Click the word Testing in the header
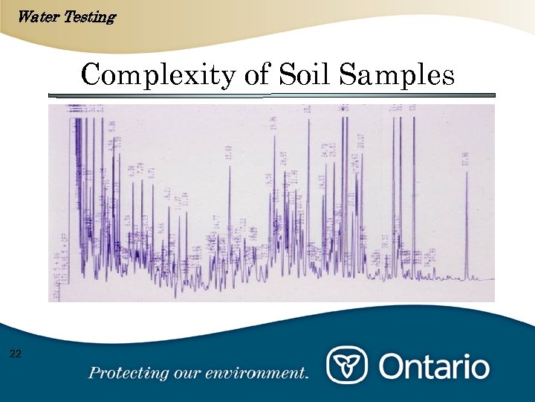[89, 16]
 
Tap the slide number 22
[16, 354]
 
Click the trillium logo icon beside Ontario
[347, 366]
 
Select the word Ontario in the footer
[435, 367]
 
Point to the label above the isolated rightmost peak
[466, 158]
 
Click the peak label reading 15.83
[229, 153]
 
